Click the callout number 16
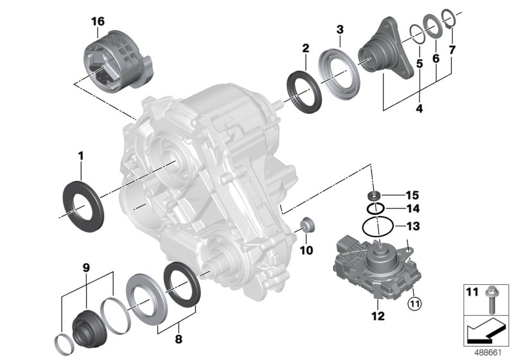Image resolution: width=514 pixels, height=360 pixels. [98, 21]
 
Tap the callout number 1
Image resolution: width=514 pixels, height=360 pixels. [81, 155]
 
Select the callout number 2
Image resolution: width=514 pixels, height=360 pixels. [306, 48]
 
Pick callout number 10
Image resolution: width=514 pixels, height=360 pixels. [306, 249]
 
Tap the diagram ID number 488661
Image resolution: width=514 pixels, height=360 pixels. [488, 353]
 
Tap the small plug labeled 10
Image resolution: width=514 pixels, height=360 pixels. [308, 226]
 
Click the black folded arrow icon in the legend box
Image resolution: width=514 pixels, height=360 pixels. [487, 330]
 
